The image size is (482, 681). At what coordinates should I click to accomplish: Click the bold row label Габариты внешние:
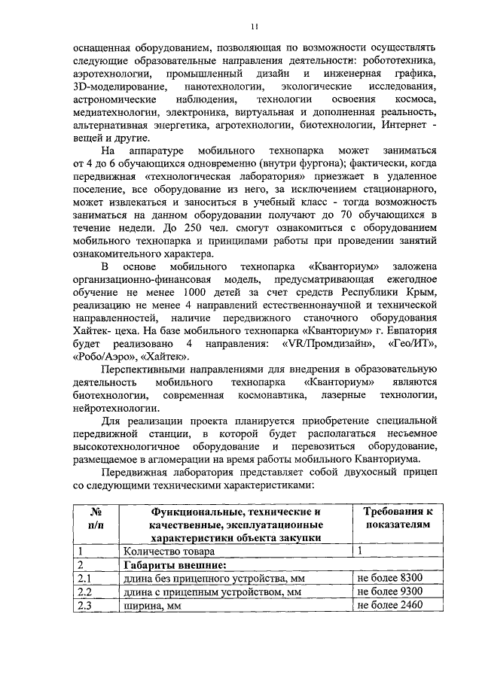point(174,564)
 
